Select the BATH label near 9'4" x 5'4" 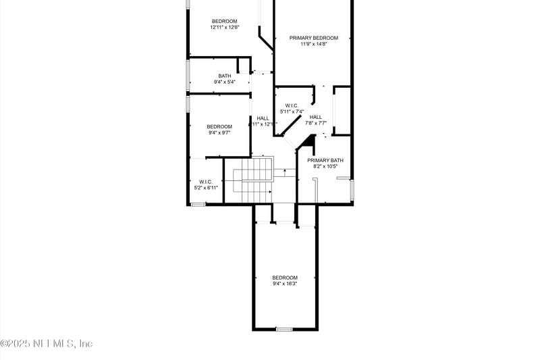(225, 76)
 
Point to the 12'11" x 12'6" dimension (224, 28)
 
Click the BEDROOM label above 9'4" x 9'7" (219, 126)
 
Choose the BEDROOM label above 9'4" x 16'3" (285, 278)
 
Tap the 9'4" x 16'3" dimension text (285, 284)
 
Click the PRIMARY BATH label (325, 160)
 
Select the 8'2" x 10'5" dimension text (325, 167)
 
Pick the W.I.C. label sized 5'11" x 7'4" (292, 105)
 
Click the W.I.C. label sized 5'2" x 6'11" (205, 181)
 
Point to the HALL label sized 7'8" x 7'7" (315, 117)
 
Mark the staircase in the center (256, 179)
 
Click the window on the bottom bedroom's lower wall (284, 329)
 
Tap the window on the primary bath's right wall (351, 190)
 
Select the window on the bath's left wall (188, 76)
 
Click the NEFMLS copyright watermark (47, 344)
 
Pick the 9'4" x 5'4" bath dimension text (225, 82)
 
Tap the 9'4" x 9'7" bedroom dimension (219, 133)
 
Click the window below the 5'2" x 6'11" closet (197, 204)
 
